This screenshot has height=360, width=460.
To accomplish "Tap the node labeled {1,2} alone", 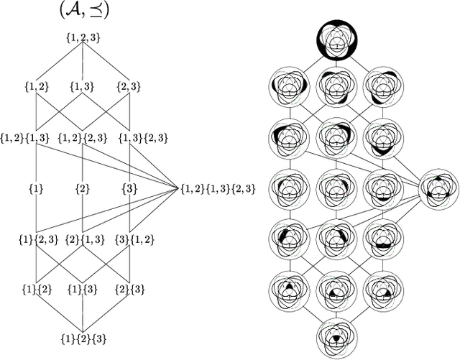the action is pos(34,87).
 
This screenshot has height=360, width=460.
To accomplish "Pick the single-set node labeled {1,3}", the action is pos(81,87).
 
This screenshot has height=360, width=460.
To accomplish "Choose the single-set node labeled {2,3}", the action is pos(128,87).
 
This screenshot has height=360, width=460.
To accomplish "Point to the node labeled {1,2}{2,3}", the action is pos(80,137).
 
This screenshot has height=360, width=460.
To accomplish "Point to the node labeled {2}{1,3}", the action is pos(81,239).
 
